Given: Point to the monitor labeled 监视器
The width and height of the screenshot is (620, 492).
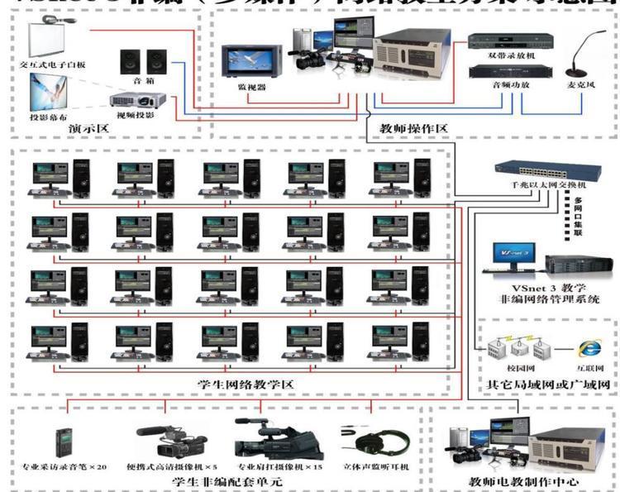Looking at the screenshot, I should pos(247,62).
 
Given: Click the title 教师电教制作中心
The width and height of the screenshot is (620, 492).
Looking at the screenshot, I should pos(524,480).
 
